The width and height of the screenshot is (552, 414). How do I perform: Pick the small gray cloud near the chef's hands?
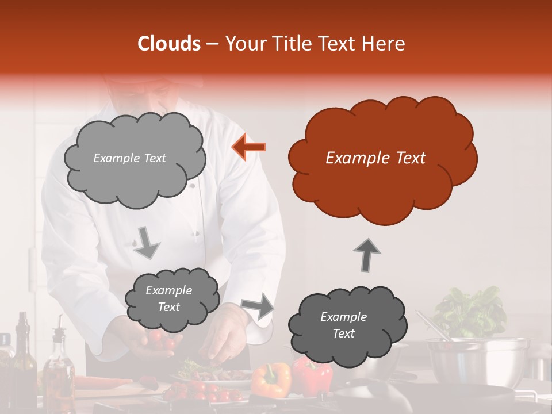pyautogui.click(x=171, y=299)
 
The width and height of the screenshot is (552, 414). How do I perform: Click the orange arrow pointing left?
pyautogui.click(x=249, y=147)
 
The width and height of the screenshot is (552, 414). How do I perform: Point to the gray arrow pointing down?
pyautogui.click(x=147, y=243)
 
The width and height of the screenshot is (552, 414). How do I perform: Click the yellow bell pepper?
pyautogui.click(x=271, y=380)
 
